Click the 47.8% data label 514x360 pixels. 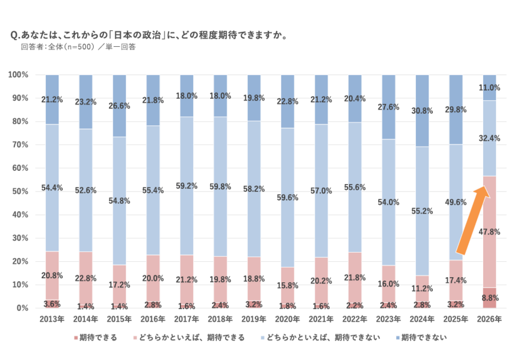(x=489, y=232)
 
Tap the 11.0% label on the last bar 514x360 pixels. (x=489, y=88)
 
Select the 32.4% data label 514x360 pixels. (x=489, y=138)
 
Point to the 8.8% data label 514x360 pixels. (x=489, y=298)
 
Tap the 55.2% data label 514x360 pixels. (x=422, y=211)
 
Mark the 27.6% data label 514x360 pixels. (x=388, y=107)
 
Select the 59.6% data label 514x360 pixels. (x=288, y=198)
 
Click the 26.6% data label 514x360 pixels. (x=119, y=106)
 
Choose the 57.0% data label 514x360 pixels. (x=322, y=191)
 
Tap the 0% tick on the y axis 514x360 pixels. (x=19, y=308)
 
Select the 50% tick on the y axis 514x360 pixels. (x=17, y=191)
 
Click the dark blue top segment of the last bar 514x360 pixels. (x=489, y=80)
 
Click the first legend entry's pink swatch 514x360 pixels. (x=75, y=337)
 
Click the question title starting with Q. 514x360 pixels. (x=148, y=35)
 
